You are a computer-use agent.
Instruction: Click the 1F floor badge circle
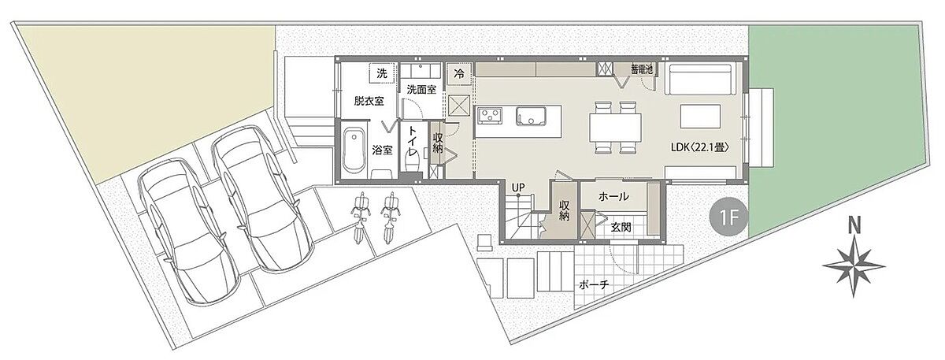click(728, 218)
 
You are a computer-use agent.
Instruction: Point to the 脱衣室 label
click(369, 102)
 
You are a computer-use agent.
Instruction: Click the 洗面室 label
click(421, 90)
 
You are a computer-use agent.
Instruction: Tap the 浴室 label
click(382, 150)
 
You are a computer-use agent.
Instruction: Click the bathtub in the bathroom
click(354, 150)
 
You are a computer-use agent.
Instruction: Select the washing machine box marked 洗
click(382, 73)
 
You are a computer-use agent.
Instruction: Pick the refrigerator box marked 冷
click(459, 73)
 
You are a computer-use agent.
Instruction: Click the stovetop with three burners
click(490, 116)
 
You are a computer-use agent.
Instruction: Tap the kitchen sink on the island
click(531, 116)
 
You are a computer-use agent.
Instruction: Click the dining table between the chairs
click(615, 128)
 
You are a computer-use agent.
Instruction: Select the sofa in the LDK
click(698, 79)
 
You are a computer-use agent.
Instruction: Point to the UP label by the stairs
click(518, 187)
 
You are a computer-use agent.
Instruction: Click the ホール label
click(613, 196)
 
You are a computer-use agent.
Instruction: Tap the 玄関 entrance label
click(621, 228)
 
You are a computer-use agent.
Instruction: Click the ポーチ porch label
click(594, 285)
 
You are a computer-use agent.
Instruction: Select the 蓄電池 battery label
click(642, 69)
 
